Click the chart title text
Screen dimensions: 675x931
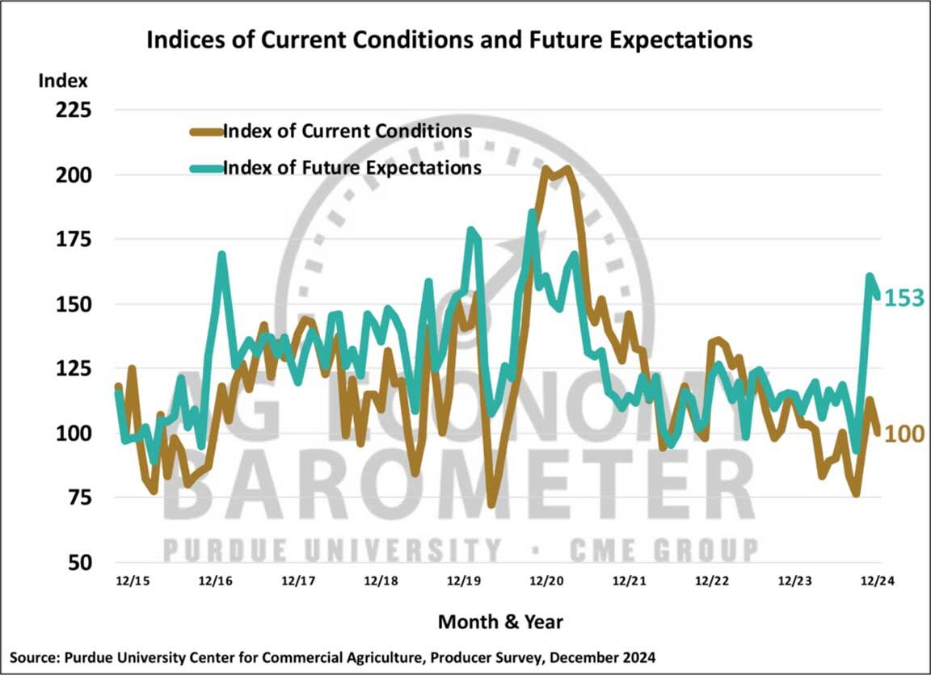pos(449,40)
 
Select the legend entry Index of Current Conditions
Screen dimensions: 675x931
pos(347,131)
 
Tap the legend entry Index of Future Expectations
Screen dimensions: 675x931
pos(352,168)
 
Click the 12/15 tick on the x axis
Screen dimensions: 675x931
pos(130,581)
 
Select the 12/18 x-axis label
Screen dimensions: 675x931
pos(381,581)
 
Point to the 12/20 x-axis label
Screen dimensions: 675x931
pos(546,581)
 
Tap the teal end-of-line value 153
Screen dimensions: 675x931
pos(903,298)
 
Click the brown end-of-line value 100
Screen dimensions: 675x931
pos(904,434)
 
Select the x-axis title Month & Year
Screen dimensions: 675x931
pos(500,622)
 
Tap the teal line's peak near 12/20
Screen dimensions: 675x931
pos(532,212)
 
